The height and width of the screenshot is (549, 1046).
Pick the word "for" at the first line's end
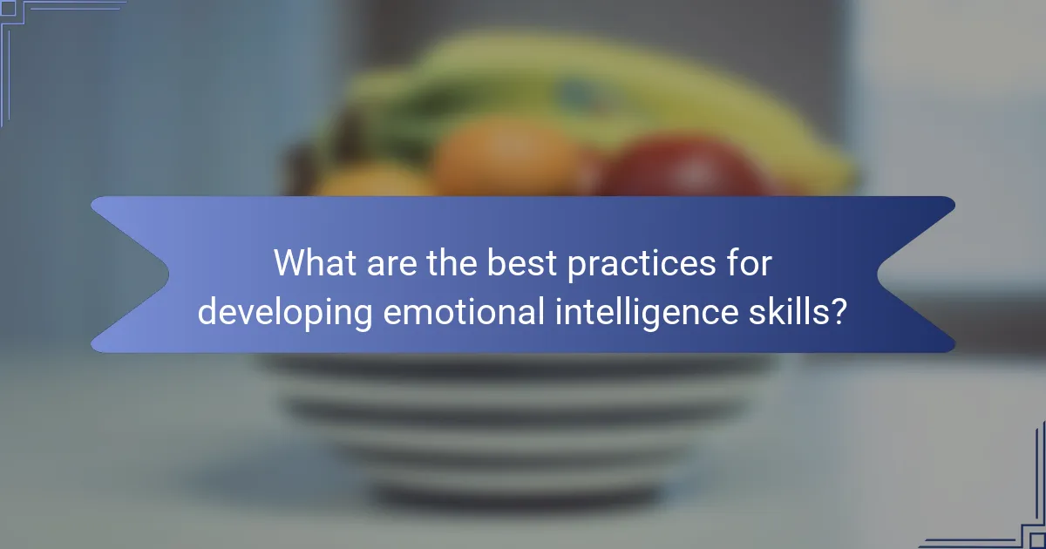click(x=749, y=263)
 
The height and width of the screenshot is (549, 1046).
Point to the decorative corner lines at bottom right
click(x=1011, y=514)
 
